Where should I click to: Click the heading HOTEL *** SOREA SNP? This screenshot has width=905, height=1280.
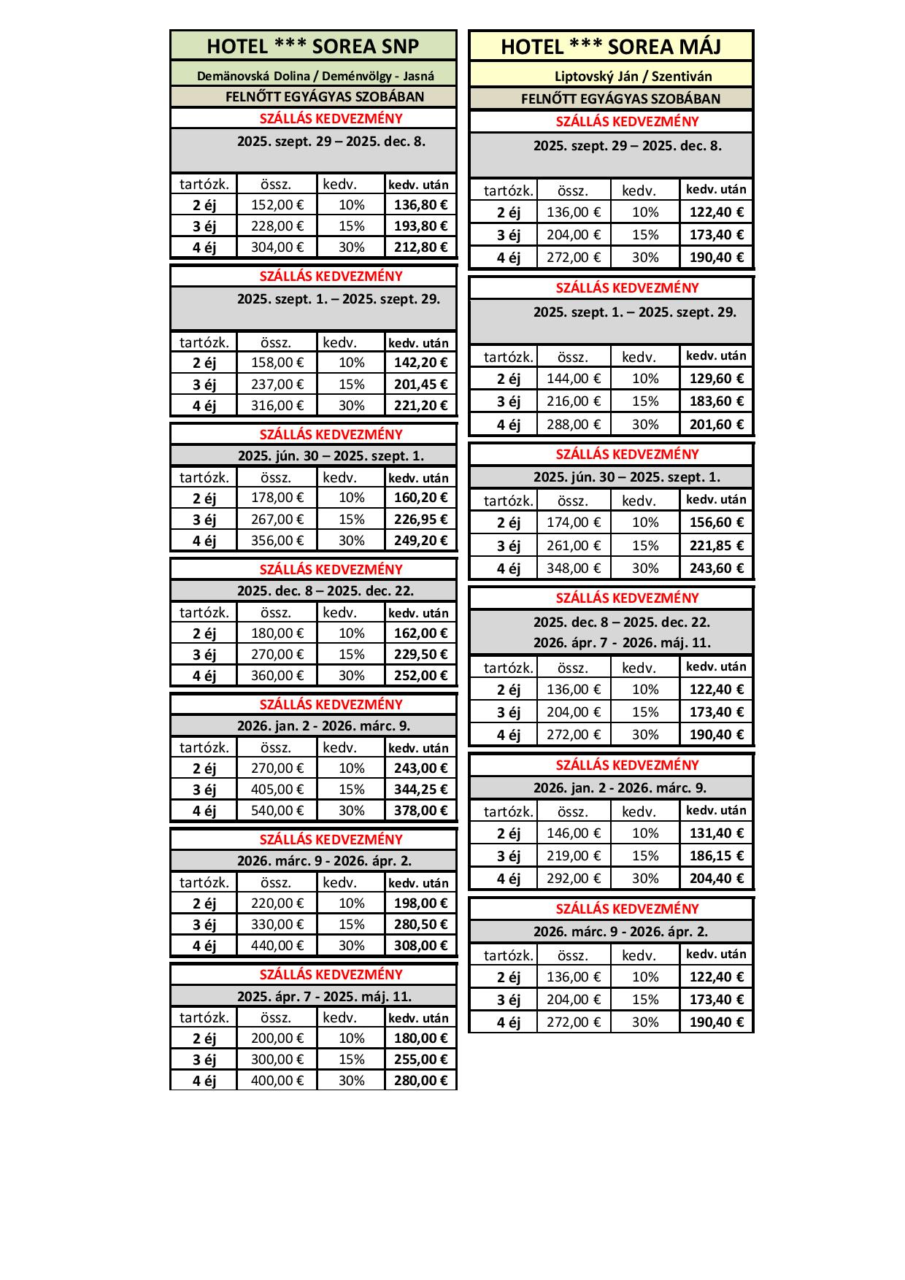click(x=312, y=47)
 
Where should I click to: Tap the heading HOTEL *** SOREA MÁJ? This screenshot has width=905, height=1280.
click(x=611, y=47)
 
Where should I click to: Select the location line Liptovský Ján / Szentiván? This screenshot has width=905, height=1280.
click(x=633, y=76)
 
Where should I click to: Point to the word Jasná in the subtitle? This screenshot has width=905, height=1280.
click(x=418, y=76)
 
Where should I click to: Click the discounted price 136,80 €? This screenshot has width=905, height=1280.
click(x=420, y=205)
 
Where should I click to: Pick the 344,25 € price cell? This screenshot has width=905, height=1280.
click(x=420, y=790)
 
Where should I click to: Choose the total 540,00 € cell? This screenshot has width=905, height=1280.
click(x=277, y=811)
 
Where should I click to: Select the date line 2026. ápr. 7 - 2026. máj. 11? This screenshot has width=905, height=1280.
click(x=621, y=643)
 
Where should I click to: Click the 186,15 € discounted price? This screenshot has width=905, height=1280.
click(x=716, y=856)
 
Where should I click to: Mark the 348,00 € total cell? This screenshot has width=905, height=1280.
click(x=573, y=568)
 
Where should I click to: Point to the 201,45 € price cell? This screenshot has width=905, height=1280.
click(x=420, y=385)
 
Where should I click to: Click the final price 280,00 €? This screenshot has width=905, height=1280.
click(x=420, y=1081)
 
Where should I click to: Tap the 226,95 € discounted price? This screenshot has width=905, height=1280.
click(x=420, y=520)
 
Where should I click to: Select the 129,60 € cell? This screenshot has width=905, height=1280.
click(x=716, y=379)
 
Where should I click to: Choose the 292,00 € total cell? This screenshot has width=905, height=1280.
click(x=573, y=879)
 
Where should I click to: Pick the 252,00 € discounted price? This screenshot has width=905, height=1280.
click(x=420, y=676)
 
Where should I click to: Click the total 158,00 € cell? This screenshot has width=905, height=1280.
click(x=277, y=363)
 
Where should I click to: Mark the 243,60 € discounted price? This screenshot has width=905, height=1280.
click(x=716, y=568)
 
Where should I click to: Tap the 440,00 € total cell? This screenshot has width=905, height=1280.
click(x=277, y=946)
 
